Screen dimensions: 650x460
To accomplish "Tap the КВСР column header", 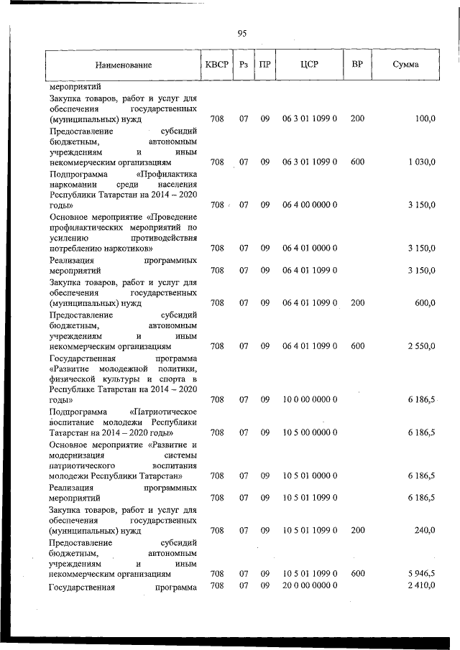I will click(x=216, y=65).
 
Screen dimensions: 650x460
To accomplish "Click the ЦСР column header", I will click(x=310, y=65).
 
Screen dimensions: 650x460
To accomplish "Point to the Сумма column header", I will click(x=406, y=65).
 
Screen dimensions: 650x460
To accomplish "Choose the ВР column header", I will click(x=357, y=65).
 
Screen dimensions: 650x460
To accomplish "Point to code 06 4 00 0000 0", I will click(x=310, y=205).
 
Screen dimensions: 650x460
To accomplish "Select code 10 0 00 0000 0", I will click(x=310, y=400).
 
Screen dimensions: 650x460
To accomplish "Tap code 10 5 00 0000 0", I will click(x=310, y=432).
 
